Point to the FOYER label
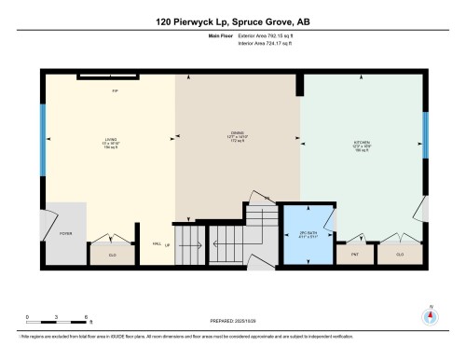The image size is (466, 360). point(65,234)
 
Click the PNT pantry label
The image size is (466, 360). point(355,253)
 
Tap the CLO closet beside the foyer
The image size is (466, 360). point(112,253)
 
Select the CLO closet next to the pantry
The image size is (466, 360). point(402,253)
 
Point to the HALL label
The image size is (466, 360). point(157,244)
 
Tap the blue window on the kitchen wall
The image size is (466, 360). point(426,136)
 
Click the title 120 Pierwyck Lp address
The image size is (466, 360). point(233,20)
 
